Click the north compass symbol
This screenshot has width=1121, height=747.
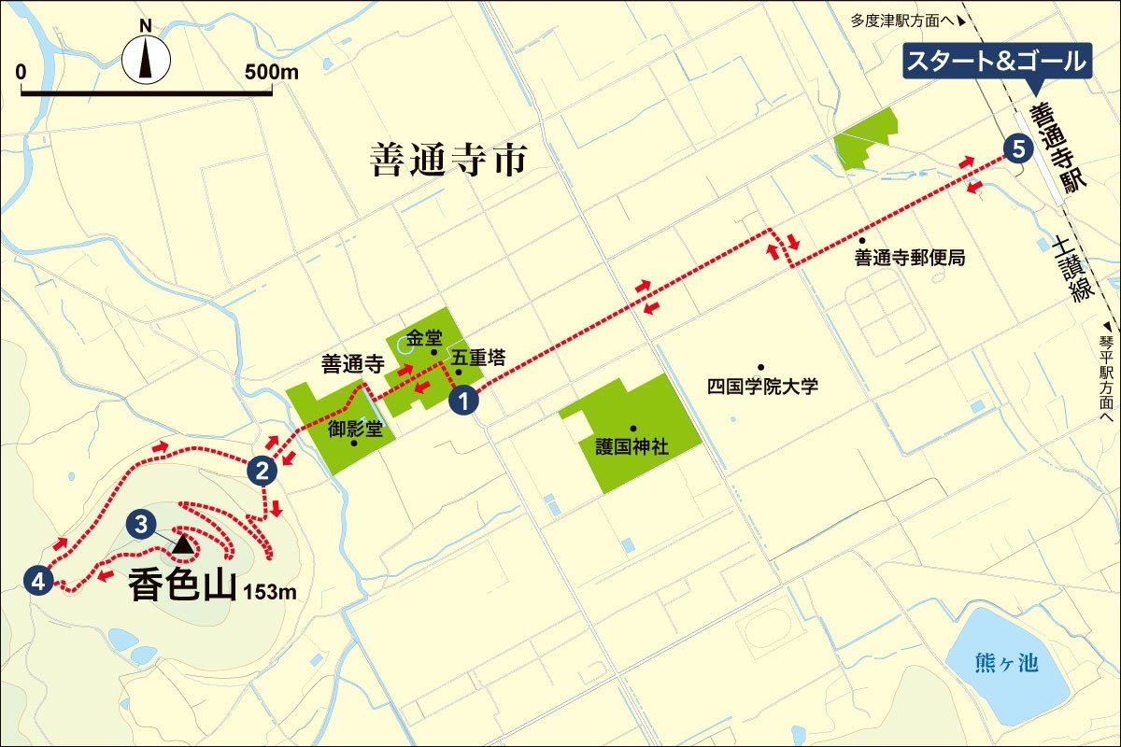(x=147, y=60)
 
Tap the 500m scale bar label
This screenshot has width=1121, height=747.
(x=271, y=72)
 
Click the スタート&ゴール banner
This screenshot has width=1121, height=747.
(x=997, y=63)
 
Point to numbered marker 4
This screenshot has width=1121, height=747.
(x=37, y=580)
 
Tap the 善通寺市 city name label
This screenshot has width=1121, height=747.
(x=448, y=161)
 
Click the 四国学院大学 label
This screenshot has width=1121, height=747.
(x=762, y=386)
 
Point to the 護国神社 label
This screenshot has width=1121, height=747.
(x=632, y=446)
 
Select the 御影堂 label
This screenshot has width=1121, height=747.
(x=351, y=430)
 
